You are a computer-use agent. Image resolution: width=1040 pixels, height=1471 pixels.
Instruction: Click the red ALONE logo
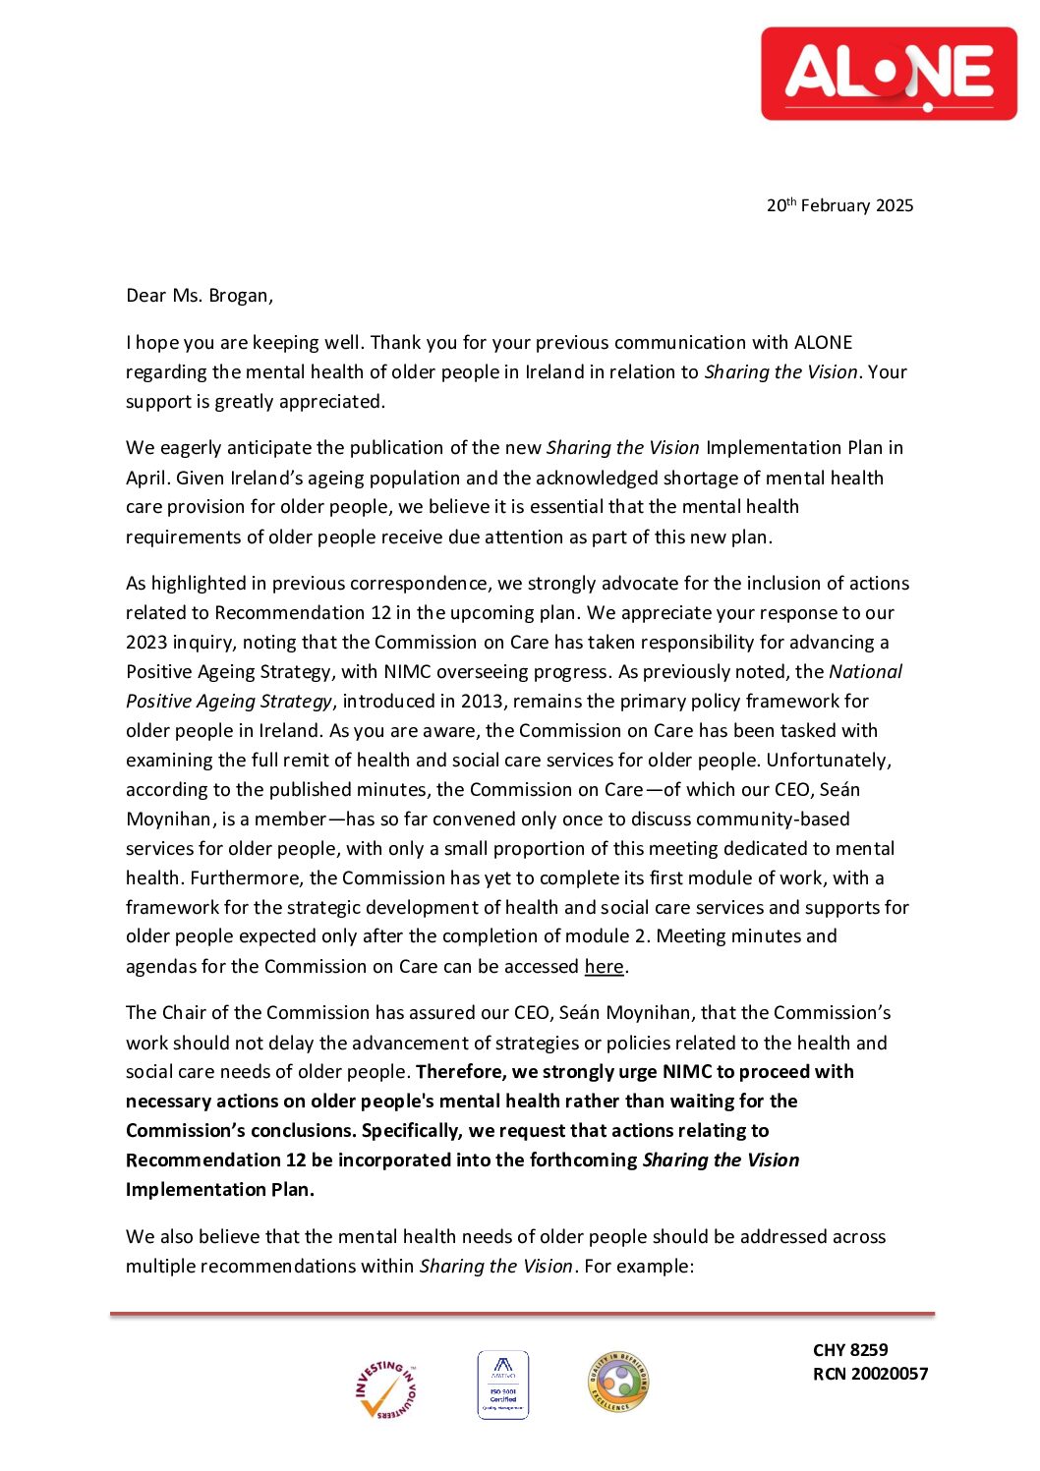[889, 74]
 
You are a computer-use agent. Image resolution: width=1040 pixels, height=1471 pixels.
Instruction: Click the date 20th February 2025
[839, 205]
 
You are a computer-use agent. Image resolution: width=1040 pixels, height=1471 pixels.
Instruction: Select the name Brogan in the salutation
[239, 296]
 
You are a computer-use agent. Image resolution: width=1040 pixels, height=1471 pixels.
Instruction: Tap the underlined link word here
[604, 967]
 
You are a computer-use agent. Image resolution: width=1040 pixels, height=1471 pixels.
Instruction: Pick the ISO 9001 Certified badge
[503, 1385]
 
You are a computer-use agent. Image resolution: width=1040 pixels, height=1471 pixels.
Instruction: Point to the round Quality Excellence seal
[618, 1382]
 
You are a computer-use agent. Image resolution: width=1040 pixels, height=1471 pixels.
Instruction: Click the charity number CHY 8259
[850, 1350]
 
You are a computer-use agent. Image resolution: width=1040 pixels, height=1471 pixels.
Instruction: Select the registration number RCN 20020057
[870, 1374]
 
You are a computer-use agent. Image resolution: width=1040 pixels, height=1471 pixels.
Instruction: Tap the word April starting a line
[146, 479]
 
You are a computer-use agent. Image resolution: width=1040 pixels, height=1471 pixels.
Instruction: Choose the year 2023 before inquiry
[146, 643]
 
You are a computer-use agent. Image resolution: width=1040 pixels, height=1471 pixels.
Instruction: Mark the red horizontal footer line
[522, 1314]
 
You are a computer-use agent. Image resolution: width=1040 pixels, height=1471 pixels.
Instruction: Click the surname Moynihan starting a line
[169, 820]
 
